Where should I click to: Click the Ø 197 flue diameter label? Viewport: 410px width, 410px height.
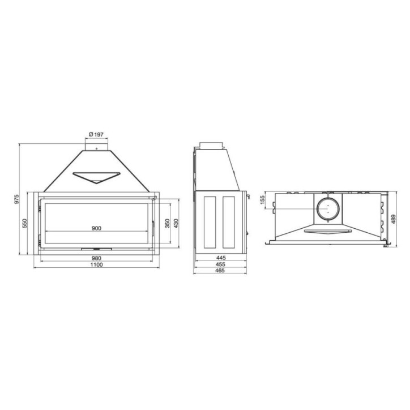click(96, 134)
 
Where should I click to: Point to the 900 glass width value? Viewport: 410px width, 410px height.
click(96, 228)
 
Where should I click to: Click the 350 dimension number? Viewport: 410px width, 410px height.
click(167, 223)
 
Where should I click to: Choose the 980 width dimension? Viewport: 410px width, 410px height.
click(96, 259)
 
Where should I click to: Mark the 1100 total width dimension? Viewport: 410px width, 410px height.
click(96, 265)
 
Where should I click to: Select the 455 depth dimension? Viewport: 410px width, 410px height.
click(220, 264)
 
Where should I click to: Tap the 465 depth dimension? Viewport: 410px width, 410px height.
click(220, 271)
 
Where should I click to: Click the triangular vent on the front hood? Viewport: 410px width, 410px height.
click(97, 176)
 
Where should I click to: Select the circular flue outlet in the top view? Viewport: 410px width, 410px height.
click(327, 209)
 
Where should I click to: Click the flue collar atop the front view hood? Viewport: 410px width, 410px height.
click(96, 146)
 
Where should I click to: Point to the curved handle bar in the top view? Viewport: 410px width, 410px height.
click(327, 231)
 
